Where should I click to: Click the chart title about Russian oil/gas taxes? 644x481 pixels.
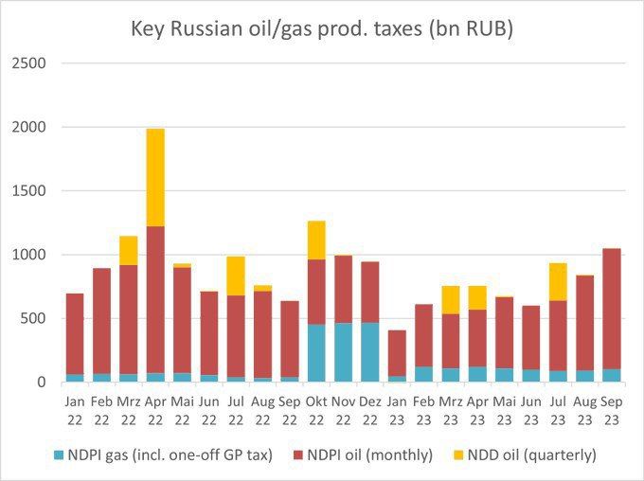click(x=322, y=29)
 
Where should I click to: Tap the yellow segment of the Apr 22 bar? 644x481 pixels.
click(x=155, y=178)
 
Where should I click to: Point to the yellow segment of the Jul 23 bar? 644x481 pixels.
click(x=558, y=282)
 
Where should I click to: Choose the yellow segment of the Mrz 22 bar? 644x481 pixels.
click(x=128, y=250)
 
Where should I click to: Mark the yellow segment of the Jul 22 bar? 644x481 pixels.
click(x=236, y=276)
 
